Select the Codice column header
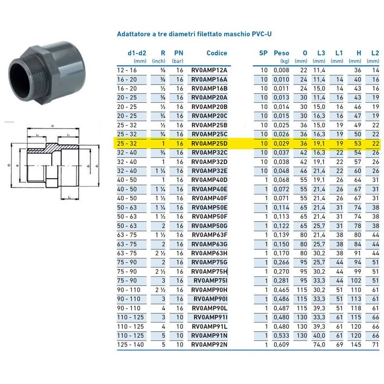(x=216, y=53)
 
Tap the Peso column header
(x=281, y=53)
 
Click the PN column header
(x=178, y=53)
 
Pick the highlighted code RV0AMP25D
(x=216, y=144)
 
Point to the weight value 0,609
(x=281, y=345)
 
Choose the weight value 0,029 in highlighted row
(x=281, y=144)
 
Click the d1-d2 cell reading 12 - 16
(x=127, y=70)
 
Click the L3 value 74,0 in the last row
(x=319, y=345)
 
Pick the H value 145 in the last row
(x=356, y=345)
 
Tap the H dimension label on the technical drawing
(x=50, y=126)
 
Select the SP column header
(x=263, y=53)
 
